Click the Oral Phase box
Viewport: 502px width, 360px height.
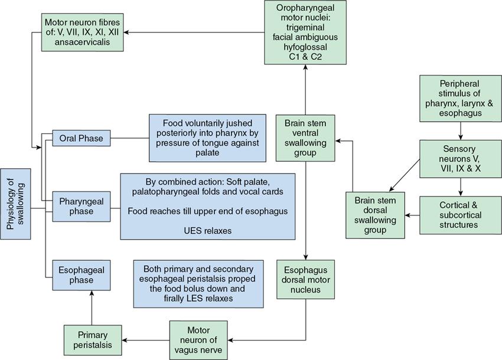point(81,139)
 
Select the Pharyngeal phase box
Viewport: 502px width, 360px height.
point(81,206)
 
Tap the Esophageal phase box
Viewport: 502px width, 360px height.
point(81,275)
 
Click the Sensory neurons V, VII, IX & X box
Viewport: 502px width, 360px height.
point(458,158)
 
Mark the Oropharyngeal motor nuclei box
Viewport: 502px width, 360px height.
point(305,32)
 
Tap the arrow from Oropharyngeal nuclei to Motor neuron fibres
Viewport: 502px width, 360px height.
point(195,32)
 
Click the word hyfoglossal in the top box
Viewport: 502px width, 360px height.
point(305,42)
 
